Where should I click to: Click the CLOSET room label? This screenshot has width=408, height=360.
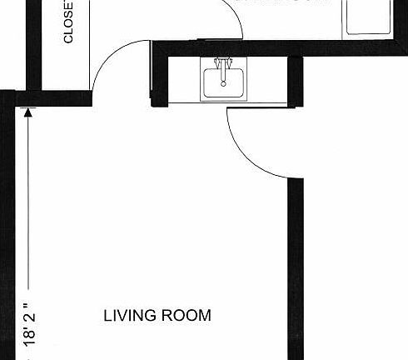(67, 22)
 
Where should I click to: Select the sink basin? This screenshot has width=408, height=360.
(223, 83)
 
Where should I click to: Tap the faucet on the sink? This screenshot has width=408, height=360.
(222, 66)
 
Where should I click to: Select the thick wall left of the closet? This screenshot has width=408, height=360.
(33, 42)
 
